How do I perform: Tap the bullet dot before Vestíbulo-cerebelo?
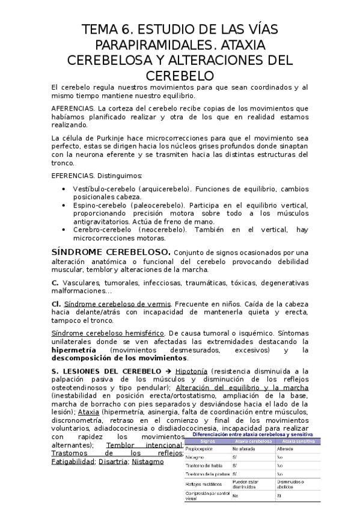(65, 189)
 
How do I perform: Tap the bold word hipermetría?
(75, 350)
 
